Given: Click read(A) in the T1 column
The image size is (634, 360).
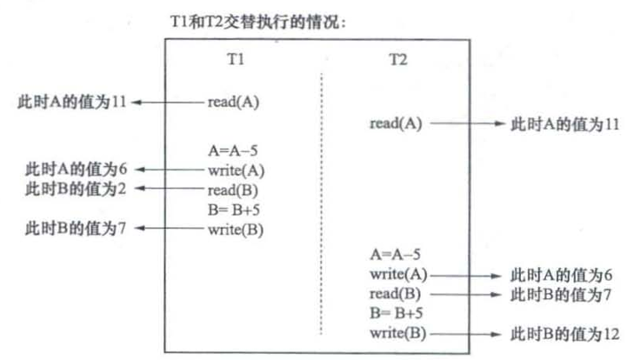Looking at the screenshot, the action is point(233,102).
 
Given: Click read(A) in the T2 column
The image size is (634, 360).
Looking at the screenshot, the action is point(396,123).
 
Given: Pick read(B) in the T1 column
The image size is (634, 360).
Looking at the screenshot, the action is point(233,189).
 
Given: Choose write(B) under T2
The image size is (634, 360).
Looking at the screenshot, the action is point(396,333).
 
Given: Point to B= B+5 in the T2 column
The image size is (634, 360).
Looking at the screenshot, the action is point(394,313).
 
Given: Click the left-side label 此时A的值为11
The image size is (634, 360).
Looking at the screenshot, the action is point(73,102).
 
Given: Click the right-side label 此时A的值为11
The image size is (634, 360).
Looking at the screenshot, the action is point(564,123).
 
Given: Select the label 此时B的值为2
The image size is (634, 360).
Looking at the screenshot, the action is point(73,189).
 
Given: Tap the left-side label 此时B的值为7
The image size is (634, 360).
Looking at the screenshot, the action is point(73,229).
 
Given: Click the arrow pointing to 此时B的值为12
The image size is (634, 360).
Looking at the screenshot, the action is point(466,333).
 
